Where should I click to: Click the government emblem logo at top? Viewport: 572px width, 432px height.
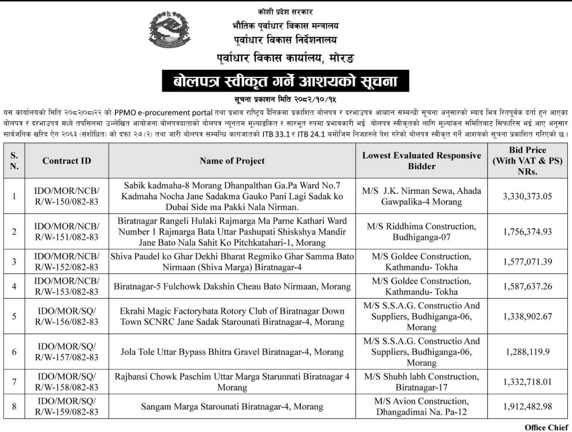coord(169,31)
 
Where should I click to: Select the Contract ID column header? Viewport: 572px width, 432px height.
coord(67,161)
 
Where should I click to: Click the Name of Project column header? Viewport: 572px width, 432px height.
coord(232,161)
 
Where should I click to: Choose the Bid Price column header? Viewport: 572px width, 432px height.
coord(527,161)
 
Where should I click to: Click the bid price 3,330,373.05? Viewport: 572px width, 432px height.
coord(527,196)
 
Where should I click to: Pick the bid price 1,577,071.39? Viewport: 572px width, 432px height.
coord(527,263)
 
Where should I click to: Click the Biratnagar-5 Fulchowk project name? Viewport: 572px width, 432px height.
coord(232,286)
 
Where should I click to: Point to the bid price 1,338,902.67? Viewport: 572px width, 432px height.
coord(527,316)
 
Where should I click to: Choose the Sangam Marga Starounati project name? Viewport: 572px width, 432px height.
coord(232,407)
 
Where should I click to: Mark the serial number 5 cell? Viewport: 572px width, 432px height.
coord(15,316)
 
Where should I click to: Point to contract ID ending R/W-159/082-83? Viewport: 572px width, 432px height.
coord(67,407)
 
